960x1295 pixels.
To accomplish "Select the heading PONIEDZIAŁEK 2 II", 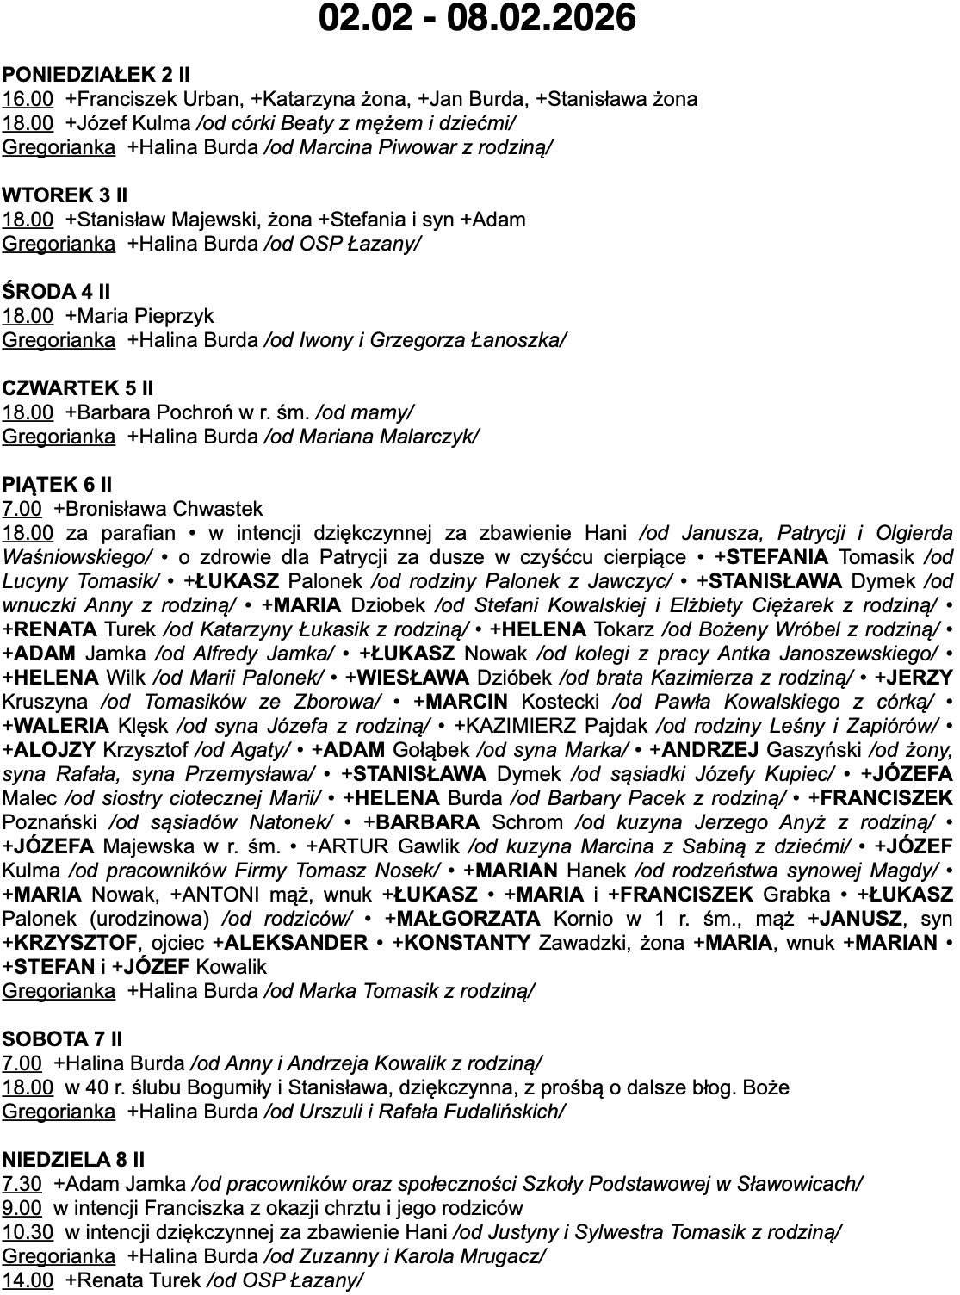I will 96,75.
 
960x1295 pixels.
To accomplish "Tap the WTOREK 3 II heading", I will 65,195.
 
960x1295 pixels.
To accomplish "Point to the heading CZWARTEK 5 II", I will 77,388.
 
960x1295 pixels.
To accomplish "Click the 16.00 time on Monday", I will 28,99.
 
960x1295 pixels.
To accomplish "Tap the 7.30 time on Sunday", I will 22,1184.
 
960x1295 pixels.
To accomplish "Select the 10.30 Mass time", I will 28,1232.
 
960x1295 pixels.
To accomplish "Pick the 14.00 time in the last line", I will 28,1280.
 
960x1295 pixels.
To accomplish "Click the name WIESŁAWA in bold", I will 413,678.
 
